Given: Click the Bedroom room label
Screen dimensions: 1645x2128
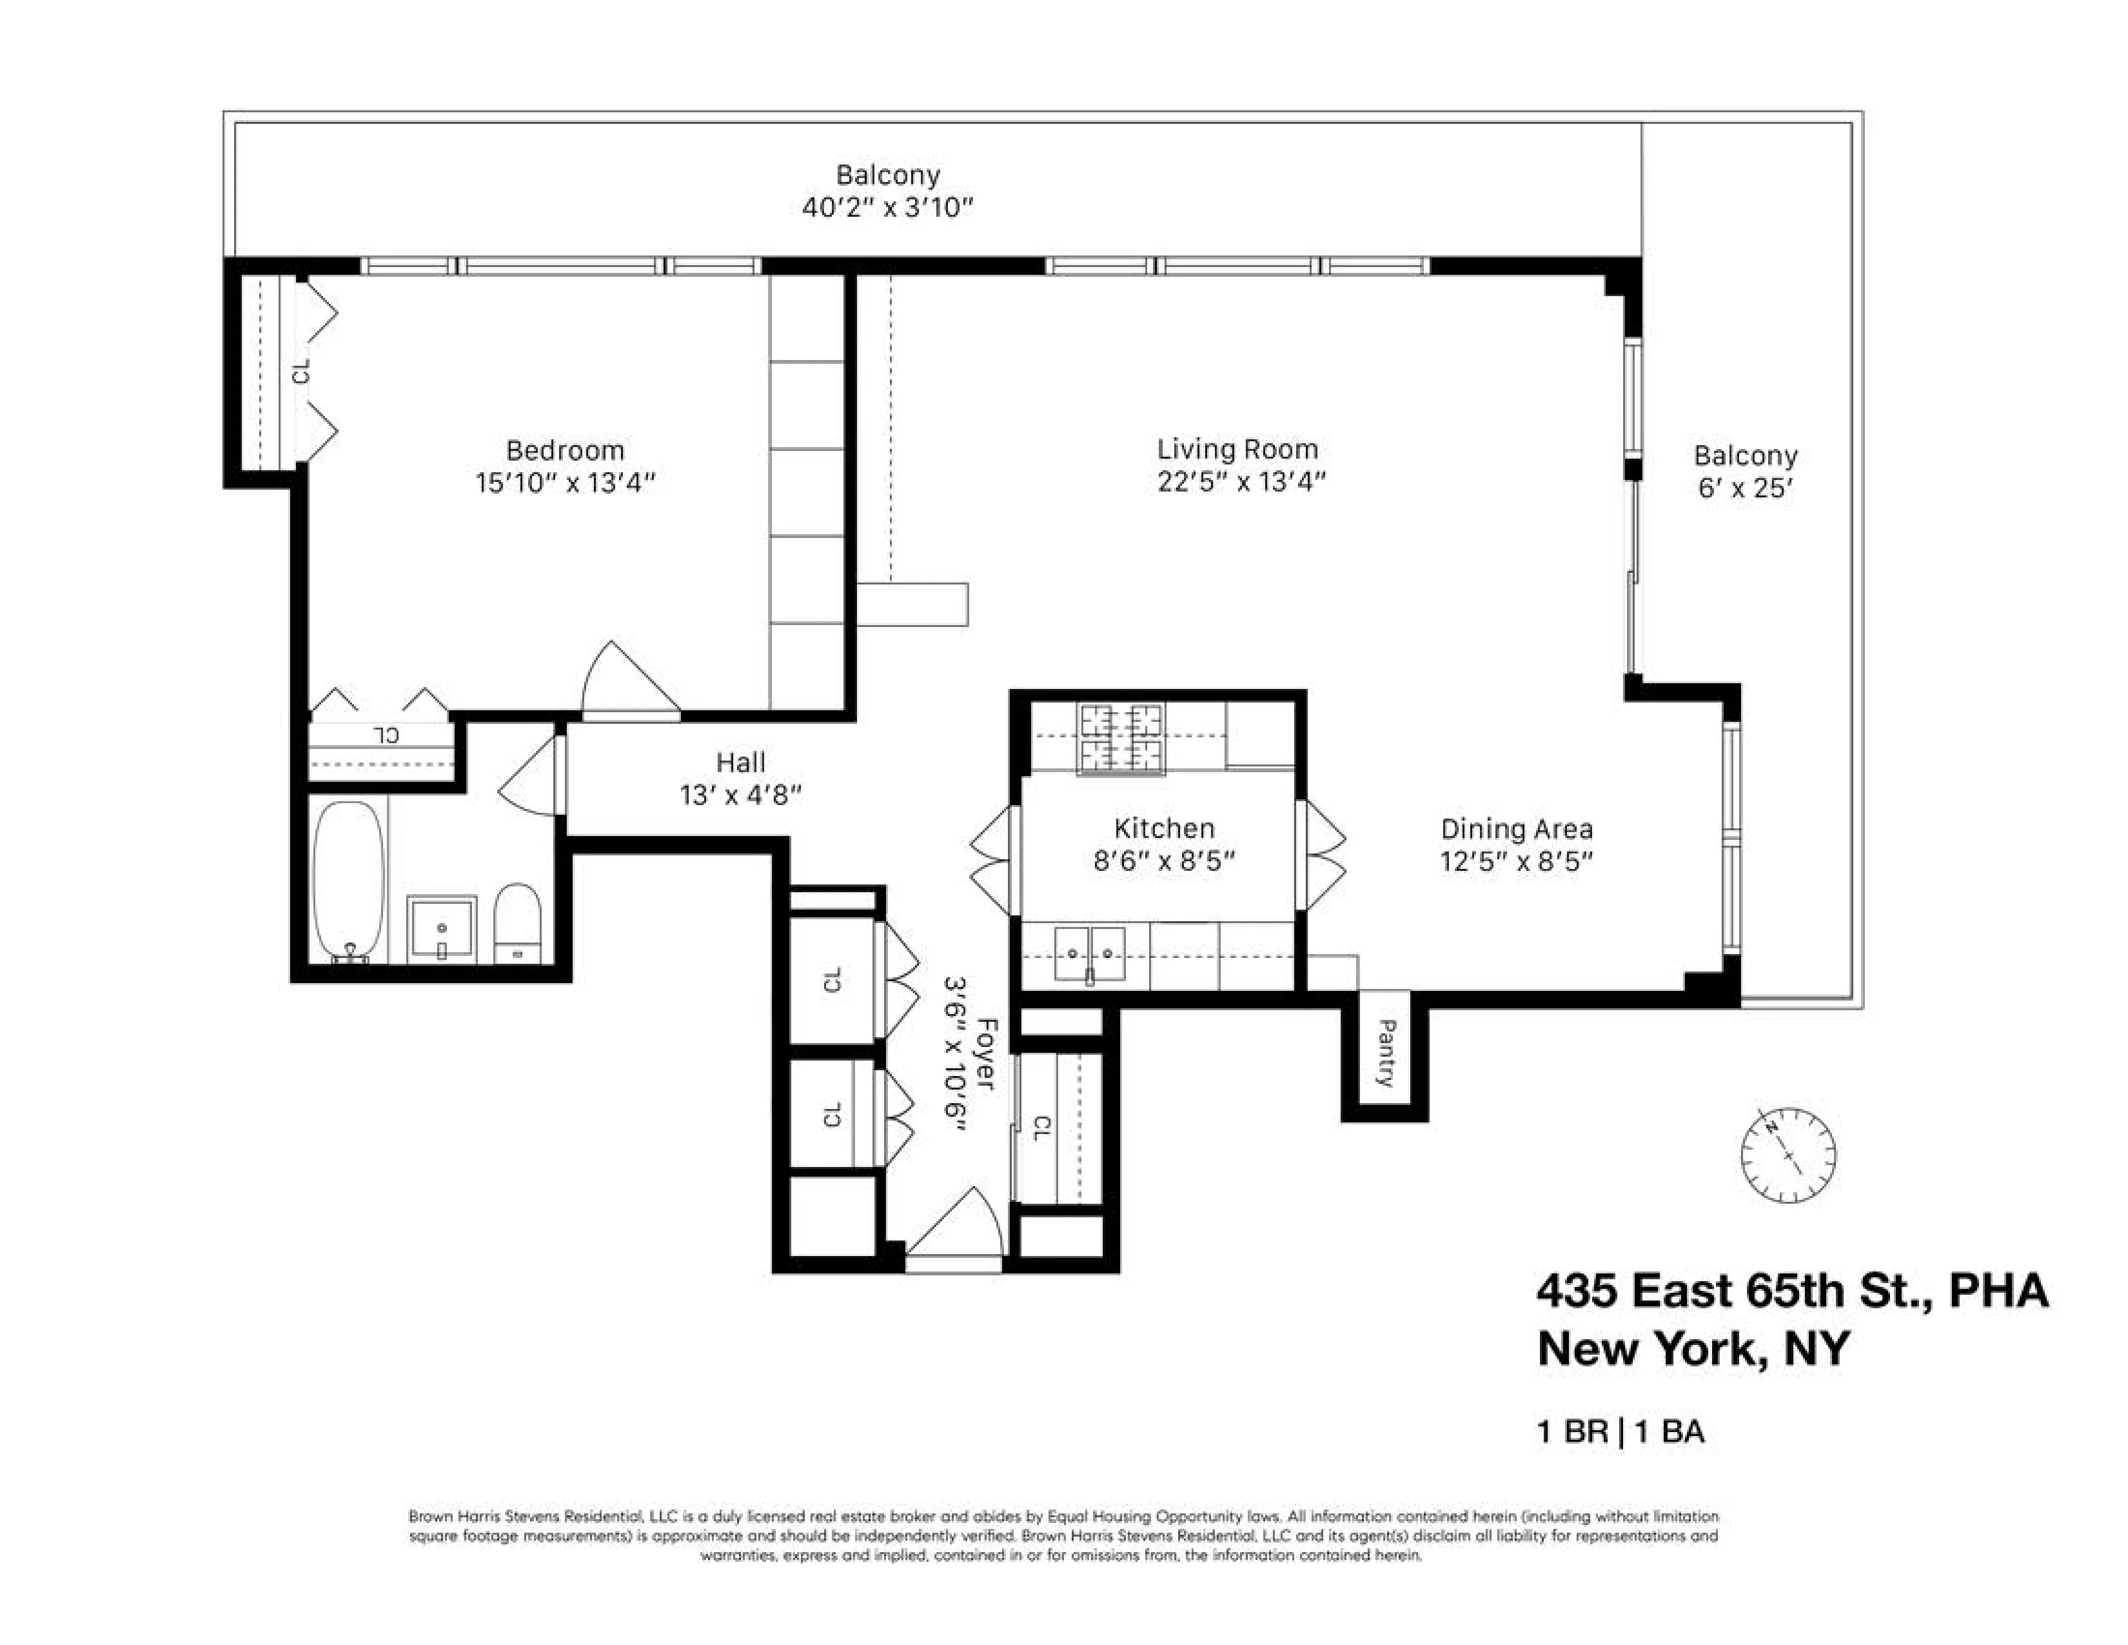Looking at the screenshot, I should click(564, 450).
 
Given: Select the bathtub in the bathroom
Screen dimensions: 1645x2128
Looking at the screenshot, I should click(348, 880).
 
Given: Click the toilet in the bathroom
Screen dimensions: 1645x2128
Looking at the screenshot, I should click(517, 921).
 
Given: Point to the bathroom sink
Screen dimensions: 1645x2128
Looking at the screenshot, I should click(441, 927).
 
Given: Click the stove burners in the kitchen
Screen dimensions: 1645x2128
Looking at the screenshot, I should click(1121, 738).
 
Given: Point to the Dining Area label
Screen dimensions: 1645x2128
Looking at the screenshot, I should click(1516, 830).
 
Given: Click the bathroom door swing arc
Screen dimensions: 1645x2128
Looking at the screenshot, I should click(529, 775).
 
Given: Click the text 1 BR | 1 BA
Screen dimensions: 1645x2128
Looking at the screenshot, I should click(1621, 1431).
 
